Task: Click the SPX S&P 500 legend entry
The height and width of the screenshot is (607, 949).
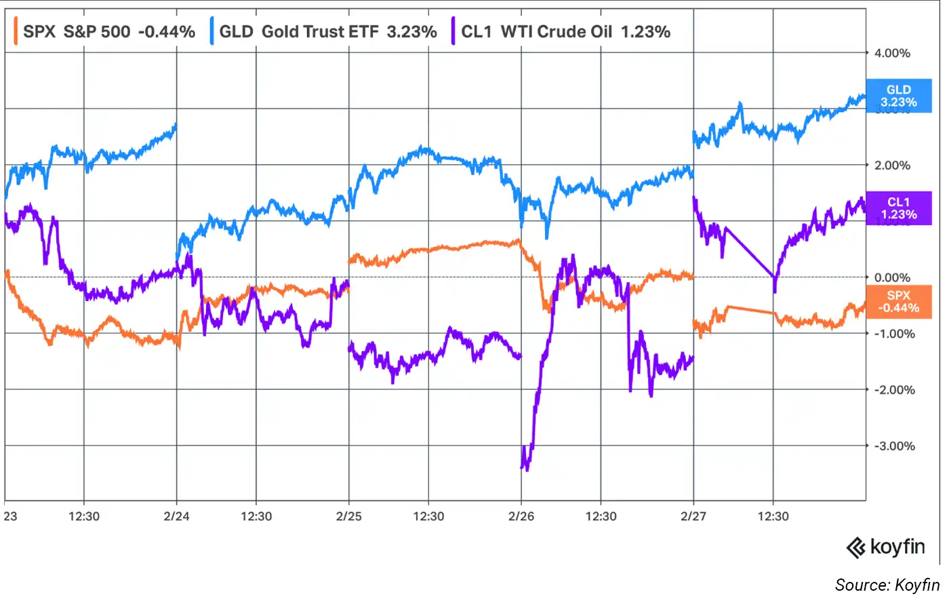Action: coord(108,31)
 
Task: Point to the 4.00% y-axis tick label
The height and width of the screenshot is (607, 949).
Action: coord(892,53)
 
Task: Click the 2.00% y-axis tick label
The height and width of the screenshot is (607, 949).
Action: coord(892,165)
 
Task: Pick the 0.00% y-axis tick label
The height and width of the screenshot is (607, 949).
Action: coord(892,277)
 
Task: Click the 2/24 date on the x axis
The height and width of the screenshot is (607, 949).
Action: coord(177,516)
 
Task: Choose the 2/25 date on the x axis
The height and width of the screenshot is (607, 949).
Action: coord(349,516)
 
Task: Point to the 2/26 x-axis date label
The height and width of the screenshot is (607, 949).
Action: coord(521,516)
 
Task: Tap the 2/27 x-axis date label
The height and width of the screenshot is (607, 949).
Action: coord(693,516)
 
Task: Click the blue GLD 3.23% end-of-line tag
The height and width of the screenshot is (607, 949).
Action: coord(899,96)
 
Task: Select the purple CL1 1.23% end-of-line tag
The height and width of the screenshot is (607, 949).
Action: coord(899,208)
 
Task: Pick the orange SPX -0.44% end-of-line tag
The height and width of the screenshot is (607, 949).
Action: coord(899,302)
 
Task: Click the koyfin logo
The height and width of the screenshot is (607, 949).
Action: coord(886,547)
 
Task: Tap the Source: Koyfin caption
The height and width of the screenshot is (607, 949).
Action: coord(887,585)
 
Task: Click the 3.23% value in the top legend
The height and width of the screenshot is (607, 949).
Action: coord(411,31)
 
